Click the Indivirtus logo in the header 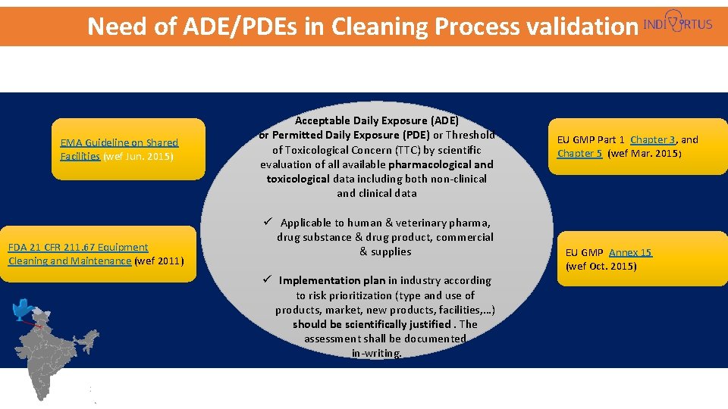coord(677,23)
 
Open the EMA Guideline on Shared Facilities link coord(119,149)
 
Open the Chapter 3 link coord(653,139)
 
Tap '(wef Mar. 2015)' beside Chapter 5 coord(645,154)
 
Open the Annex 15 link coord(629,252)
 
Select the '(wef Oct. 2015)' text coord(601,266)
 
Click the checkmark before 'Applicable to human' coord(268,222)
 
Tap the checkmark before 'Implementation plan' coord(268,280)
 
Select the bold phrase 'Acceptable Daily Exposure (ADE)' coord(377,120)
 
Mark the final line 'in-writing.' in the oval coord(377,353)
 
